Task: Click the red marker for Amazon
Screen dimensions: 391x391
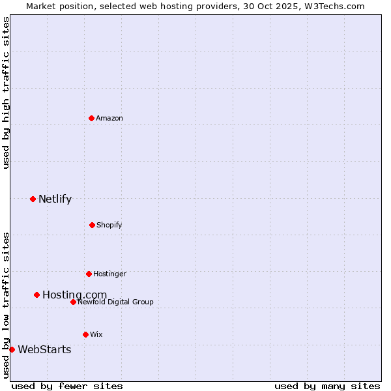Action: [x=91, y=118]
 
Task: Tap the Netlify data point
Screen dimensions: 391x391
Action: [x=33, y=199]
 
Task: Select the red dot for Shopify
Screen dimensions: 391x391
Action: [x=92, y=225]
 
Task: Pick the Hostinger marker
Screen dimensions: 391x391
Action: [x=89, y=274]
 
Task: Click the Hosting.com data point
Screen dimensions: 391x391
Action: [x=36, y=295]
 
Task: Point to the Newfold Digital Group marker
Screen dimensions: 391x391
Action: [x=73, y=302]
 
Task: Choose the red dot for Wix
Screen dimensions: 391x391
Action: [x=85, y=334]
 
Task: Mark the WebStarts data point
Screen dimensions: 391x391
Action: [x=12, y=349]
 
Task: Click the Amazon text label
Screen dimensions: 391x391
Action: [x=109, y=118]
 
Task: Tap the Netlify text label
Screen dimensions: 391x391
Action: [x=55, y=199]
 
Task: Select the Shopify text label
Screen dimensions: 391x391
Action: [x=109, y=225]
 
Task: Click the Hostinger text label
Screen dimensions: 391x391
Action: [x=109, y=274]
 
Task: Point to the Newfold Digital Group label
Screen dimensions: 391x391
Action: [x=116, y=302]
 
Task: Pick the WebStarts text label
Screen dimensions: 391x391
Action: [x=44, y=350]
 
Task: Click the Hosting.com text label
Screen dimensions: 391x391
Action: [x=74, y=295]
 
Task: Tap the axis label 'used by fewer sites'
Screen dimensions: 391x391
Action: [x=67, y=386]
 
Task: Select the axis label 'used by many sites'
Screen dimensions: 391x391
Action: [x=327, y=386]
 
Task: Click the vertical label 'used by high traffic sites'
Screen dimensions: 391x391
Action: [x=6, y=93]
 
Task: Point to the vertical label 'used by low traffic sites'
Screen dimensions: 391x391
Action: [x=6, y=305]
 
